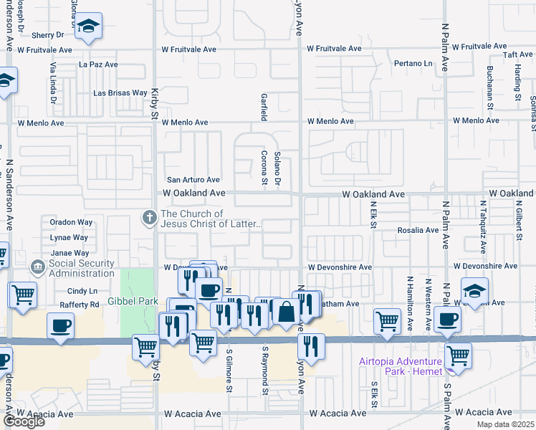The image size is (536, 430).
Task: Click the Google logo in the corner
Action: point(24,421)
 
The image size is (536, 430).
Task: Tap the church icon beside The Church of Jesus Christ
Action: point(150,217)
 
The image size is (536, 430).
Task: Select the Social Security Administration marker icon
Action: point(37,267)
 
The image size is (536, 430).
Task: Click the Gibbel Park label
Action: point(133,302)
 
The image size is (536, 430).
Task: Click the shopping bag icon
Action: point(286,312)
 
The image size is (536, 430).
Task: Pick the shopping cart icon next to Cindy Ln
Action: point(23,293)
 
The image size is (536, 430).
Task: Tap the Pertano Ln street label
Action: point(413,64)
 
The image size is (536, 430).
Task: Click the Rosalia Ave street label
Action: point(418,230)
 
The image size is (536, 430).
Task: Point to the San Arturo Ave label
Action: point(193,180)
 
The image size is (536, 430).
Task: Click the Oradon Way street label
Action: point(71,222)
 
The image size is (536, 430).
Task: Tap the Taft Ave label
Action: point(517,54)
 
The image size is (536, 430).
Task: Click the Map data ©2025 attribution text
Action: point(505,424)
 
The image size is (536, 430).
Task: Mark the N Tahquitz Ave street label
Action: point(483,225)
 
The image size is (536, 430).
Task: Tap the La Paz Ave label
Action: point(98,64)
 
